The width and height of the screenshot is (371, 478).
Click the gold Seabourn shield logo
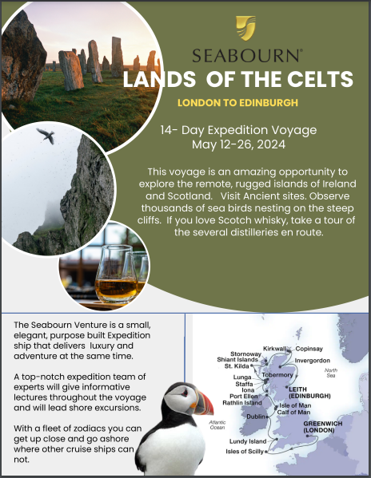[245, 28]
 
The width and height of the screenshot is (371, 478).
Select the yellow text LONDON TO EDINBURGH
[237, 103]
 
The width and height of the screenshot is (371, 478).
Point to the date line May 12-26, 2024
[238, 144]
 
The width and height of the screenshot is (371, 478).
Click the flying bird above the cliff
[46, 135]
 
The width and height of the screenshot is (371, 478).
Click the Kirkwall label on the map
[274, 349]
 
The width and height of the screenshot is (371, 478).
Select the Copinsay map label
[309, 349]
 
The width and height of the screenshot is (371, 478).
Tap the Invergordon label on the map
[312, 361]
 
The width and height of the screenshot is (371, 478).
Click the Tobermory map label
[277, 374]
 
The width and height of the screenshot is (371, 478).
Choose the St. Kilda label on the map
[237, 365]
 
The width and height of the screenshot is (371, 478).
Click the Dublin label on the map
[256, 416]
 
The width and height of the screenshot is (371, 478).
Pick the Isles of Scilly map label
[245, 451]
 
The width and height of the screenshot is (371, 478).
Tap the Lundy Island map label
[248, 441]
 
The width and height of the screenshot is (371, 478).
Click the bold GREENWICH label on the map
[323, 424]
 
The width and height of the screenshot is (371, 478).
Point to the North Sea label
[331, 373]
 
